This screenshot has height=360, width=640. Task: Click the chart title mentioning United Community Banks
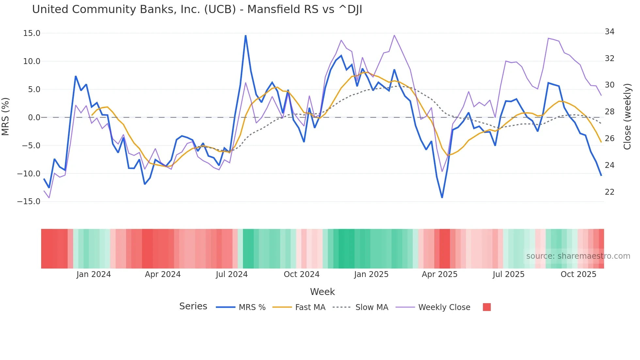point(197,9)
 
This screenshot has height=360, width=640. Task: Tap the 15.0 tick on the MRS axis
point(32,33)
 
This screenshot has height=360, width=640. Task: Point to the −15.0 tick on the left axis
point(29,202)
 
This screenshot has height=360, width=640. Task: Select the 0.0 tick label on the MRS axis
point(34,118)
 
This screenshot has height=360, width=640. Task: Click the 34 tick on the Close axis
point(609,32)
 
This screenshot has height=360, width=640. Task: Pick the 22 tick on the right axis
point(609,192)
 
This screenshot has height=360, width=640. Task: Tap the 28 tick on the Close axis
point(609,112)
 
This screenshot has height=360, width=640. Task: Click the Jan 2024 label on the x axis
point(94,274)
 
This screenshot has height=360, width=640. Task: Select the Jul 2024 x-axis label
point(232,274)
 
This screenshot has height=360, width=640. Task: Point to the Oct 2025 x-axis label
point(578,274)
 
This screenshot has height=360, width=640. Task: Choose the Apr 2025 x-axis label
point(440,274)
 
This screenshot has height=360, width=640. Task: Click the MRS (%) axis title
point(5,117)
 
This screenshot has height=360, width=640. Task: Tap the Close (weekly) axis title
point(627,117)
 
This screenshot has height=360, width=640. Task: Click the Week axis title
point(322,292)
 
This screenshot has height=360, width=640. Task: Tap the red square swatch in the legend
point(487,307)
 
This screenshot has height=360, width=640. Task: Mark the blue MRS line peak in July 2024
point(246,36)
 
